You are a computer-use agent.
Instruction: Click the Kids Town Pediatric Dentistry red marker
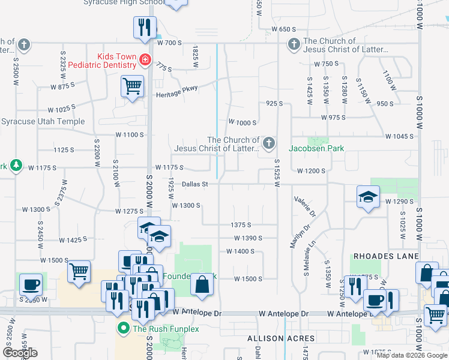145,59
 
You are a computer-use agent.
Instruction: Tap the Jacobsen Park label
316,148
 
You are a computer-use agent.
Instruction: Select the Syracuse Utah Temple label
43,121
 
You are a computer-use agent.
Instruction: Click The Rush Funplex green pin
124,328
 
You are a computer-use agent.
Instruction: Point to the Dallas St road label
194,184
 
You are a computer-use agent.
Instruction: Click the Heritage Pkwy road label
176,88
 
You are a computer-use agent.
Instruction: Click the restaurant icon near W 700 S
145,27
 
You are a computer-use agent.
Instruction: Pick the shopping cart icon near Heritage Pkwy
132,86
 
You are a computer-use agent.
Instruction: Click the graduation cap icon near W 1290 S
367,197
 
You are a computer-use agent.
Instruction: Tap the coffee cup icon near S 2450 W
31,284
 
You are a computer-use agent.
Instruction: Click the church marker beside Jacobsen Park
269,143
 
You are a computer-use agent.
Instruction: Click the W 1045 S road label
399,136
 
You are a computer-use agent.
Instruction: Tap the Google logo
20,353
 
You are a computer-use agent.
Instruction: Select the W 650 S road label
284,29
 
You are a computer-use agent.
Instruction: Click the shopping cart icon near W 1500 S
79,271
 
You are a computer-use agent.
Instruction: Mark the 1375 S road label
240,225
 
